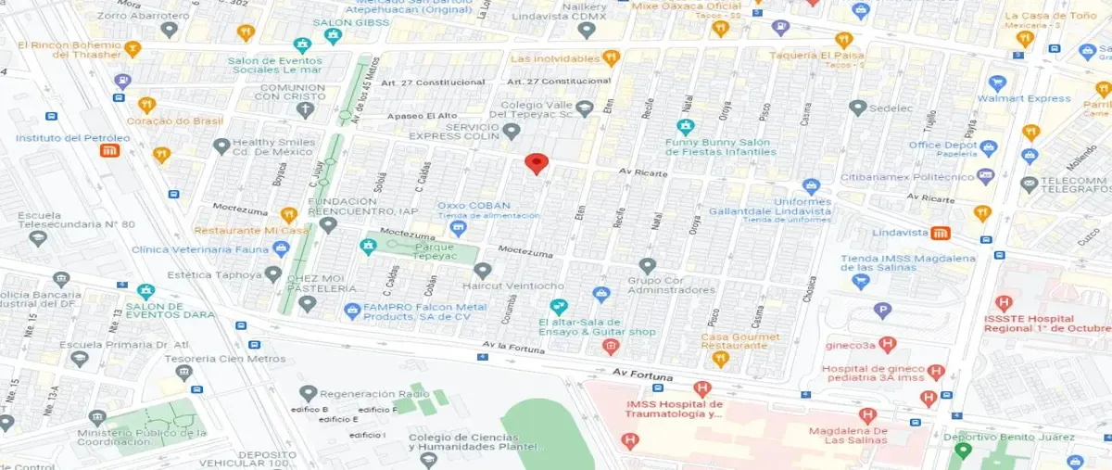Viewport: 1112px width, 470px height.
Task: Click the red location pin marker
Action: [536, 164]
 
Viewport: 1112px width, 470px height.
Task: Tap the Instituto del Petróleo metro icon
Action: [109, 151]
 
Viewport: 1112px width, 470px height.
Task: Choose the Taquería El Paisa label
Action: [815, 55]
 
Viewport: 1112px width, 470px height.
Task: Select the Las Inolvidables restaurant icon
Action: [611, 58]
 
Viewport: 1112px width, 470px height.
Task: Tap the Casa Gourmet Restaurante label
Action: [734, 340]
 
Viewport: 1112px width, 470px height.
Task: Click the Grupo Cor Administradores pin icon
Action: [647, 266]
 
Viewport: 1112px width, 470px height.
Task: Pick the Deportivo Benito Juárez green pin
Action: [963, 451]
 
